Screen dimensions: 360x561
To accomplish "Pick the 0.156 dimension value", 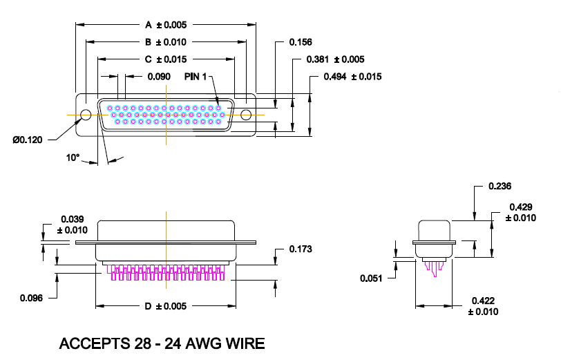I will pyautogui.click(x=300, y=42).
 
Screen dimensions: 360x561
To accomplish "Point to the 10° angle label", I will pyautogui.click(x=73, y=158).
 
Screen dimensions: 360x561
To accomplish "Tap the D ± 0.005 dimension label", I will pyautogui.click(x=166, y=306).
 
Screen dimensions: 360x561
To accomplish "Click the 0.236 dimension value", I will pyautogui.click(x=500, y=187).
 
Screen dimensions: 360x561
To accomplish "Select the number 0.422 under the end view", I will pyautogui.click(x=483, y=301).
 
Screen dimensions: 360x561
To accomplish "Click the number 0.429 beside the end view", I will pyautogui.click(x=521, y=207).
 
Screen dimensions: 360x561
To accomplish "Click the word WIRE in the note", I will pyautogui.click(x=241, y=343).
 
